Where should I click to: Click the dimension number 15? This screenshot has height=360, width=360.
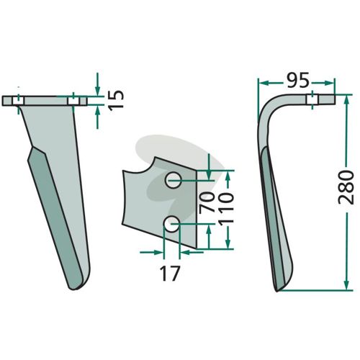click(x=117, y=100)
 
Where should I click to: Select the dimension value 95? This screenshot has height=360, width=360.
click(x=297, y=81)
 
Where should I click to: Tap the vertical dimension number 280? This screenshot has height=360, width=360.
click(x=346, y=187)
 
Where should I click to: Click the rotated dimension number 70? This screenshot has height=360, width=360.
click(x=207, y=202)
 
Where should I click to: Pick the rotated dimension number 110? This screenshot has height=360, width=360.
click(x=226, y=208)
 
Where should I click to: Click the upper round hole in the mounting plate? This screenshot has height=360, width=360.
click(x=173, y=180)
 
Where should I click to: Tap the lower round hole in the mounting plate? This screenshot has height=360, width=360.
click(x=171, y=224)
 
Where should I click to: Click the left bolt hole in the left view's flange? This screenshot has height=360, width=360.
click(x=18, y=101)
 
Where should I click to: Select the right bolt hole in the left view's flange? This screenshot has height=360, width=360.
click(x=73, y=101)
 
